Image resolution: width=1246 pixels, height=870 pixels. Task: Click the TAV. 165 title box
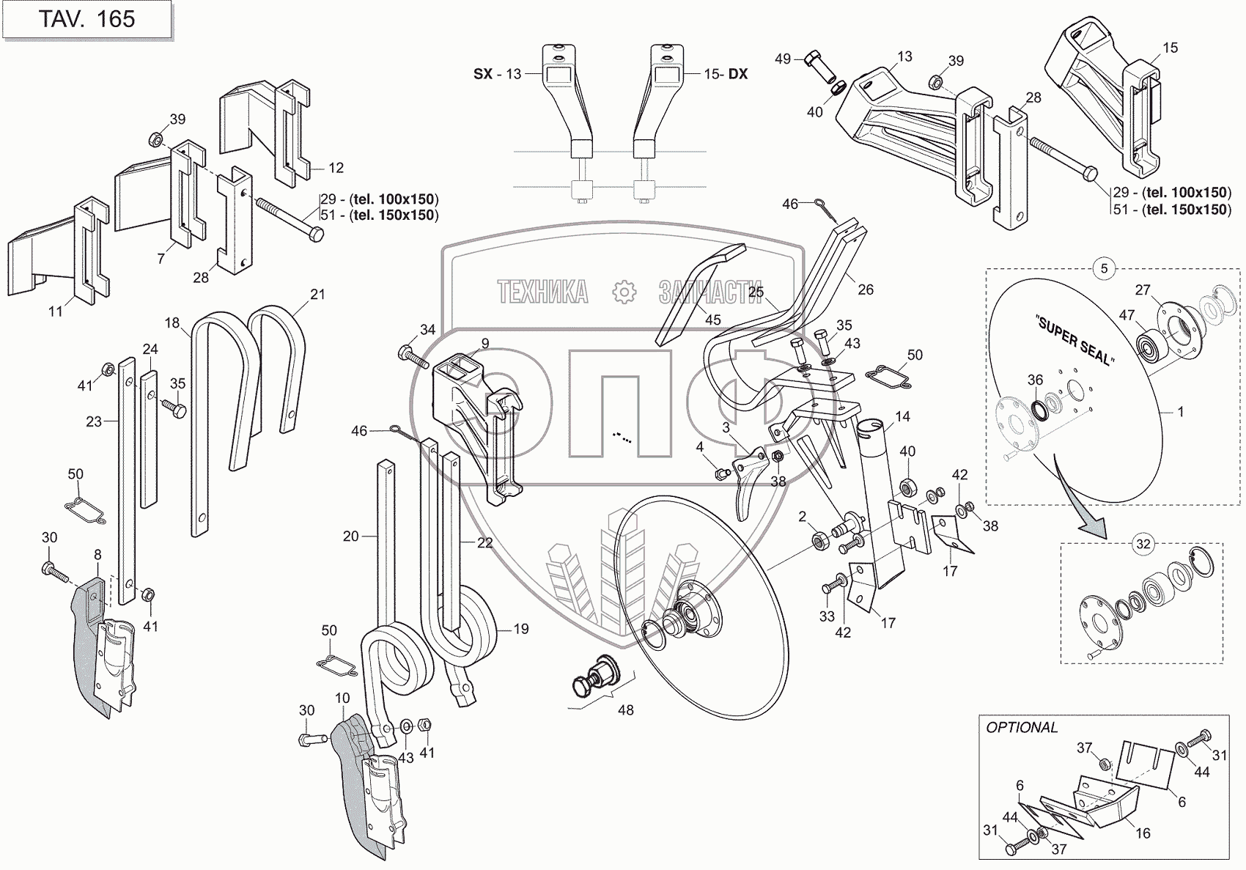[x=86, y=19]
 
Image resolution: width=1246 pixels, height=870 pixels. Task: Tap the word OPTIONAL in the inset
[x=1022, y=728]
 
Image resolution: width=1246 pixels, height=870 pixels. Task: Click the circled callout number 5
[x=1105, y=268]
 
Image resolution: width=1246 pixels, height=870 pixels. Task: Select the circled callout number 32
[x=1143, y=544]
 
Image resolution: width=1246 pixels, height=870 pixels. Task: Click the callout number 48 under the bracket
[x=625, y=709]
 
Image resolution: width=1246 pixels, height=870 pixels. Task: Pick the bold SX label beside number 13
[x=483, y=74]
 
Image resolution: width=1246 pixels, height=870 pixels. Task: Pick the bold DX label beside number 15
[x=737, y=74]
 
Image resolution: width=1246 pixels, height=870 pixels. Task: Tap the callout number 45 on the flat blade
[x=712, y=319]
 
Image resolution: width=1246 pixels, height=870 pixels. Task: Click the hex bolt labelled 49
[x=814, y=59]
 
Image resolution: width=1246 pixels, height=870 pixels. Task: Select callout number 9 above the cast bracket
[x=485, y=343]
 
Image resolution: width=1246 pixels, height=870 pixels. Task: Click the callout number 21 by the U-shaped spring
[x=317, y=294]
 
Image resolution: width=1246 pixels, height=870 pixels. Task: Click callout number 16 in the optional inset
[x=1143, y=833]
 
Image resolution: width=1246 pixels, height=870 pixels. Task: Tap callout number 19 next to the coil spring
[x=521, y=629]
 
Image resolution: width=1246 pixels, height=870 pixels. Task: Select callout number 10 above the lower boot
[x=342, y=698]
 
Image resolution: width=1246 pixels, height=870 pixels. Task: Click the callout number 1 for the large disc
[x=1181, y=412]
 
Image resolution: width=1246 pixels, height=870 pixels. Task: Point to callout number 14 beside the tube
[x=902, y=416]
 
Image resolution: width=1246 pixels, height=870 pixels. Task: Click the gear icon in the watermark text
[x=624, y=292]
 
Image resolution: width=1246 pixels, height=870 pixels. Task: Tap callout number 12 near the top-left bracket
[x=336, y=168]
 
